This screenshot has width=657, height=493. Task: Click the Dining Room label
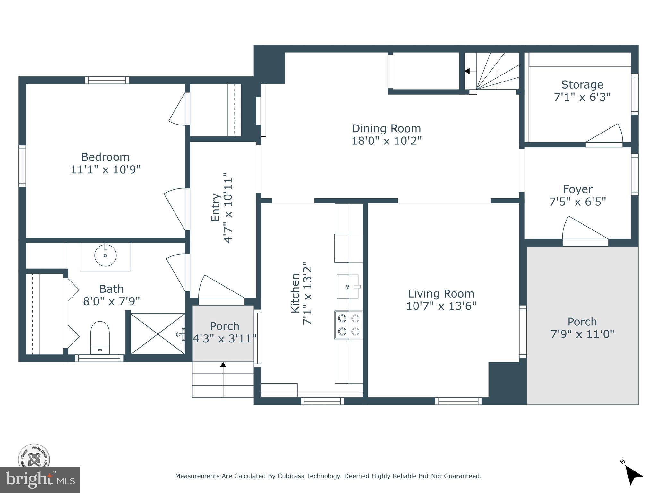[386, 129]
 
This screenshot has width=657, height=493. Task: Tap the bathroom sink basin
[105, 255]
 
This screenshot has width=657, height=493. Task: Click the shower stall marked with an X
[158, 334]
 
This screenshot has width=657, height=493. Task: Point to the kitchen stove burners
[349, 325]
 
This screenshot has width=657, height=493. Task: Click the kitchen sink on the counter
[348, 286]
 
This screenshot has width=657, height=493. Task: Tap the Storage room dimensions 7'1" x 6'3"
[582, 97]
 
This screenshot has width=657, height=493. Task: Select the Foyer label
[578, 189]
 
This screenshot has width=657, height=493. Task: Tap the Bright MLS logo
[40, 480]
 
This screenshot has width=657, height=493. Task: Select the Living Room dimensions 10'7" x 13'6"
[441, 306]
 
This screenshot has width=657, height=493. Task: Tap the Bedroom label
[105, 157]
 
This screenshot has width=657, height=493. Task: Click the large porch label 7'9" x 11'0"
[582, 334]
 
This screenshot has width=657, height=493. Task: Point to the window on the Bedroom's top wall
[107, 80]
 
